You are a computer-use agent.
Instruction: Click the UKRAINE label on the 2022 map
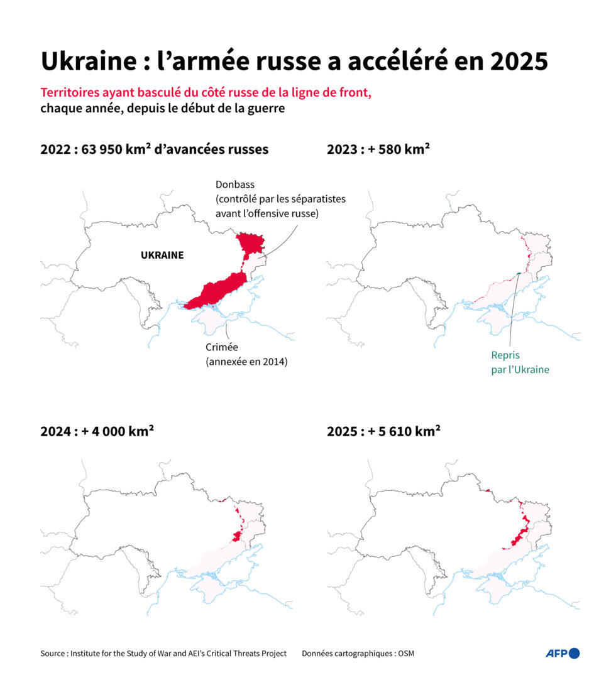[x=162, y=256]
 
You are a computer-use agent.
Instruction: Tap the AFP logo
[x=562, y=654]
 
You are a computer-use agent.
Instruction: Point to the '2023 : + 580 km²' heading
[x=378, y=149]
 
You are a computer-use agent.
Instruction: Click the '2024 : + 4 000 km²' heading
[x=97, y=432]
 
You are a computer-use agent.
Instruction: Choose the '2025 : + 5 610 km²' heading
[x=383, y=432]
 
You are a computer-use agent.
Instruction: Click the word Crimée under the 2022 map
[x=222, y=348]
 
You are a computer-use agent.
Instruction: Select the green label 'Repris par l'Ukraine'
[x=520, y=362]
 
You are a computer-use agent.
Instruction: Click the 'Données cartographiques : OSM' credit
[x=358, y=654]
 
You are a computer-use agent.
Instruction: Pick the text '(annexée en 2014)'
[x=246, y=362]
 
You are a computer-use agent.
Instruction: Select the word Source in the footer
[x=53, y=654]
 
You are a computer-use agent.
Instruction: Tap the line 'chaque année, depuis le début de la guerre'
[x=163, y=108]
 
